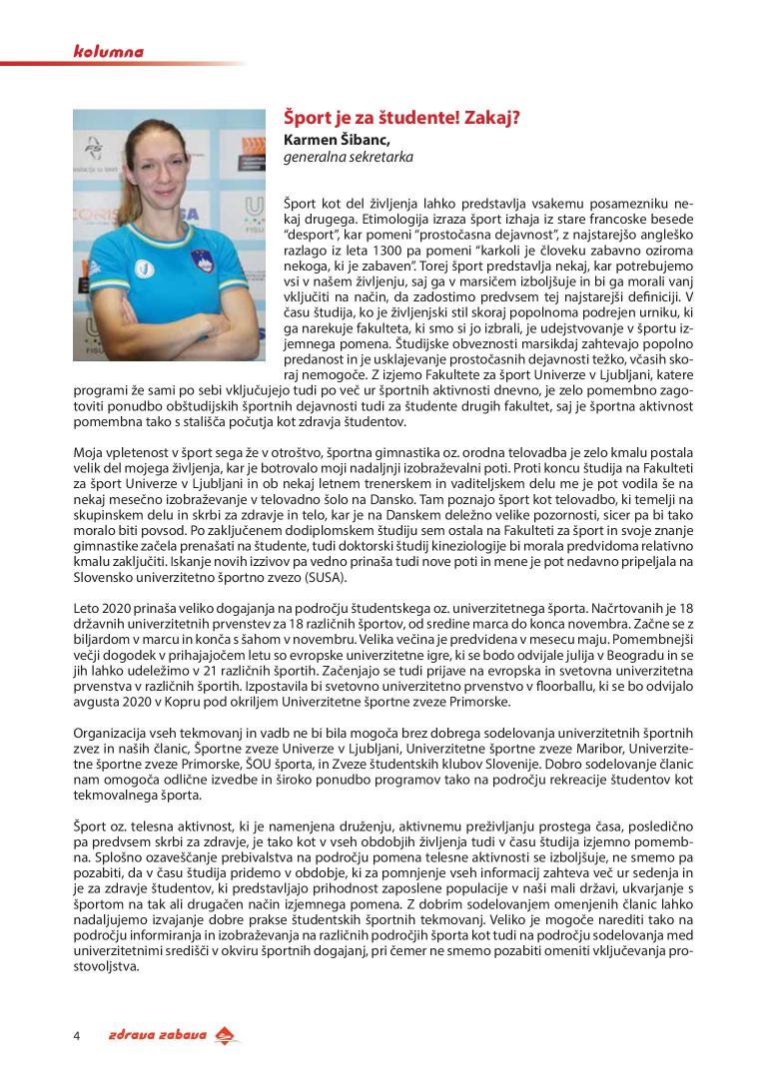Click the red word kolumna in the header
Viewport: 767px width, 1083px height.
[109, 51]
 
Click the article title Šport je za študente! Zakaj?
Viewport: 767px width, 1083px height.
[402, 118]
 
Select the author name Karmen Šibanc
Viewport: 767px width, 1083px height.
[336, 139]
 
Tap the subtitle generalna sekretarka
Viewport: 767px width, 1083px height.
[349, 157]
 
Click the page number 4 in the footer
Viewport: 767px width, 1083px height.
[77, 1035]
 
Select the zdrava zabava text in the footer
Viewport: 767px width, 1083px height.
[158, 1035]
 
